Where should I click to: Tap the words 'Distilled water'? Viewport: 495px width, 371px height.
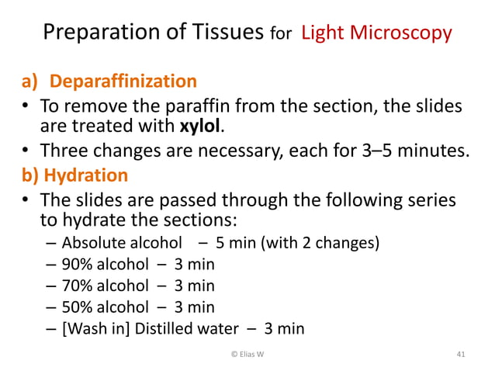pos(187,328)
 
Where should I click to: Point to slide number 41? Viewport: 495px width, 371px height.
pos(461,355)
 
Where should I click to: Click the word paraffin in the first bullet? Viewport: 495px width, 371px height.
pos(236,105)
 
